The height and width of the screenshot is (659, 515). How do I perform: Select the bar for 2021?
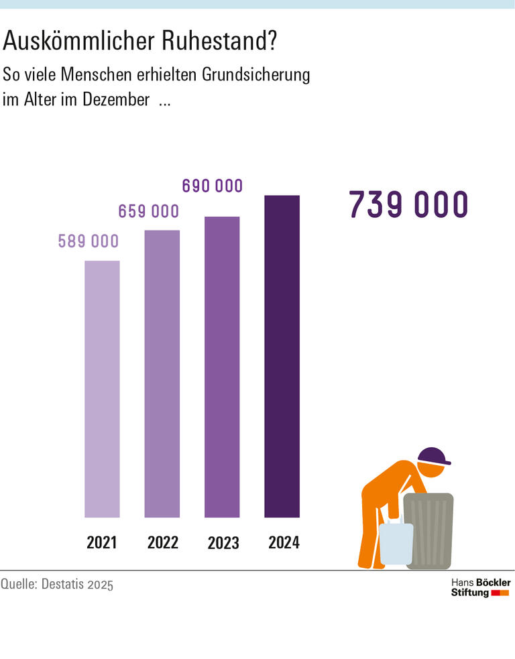point(102,389)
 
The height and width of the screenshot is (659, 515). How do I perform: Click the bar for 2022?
point(162,373)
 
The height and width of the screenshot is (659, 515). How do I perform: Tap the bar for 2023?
point(222,367)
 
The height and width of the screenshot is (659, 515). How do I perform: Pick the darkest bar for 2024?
point(282,356)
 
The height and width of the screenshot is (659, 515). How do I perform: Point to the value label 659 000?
point(148,211)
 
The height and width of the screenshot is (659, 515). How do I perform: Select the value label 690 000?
point(212,186)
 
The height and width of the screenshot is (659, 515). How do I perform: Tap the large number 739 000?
point(408,205)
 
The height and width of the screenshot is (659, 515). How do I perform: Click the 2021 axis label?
point(102,542)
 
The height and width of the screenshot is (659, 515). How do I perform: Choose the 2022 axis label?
point(162,542)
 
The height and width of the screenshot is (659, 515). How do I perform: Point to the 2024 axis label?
point(284,542)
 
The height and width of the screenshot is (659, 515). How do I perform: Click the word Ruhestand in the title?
point(219,42)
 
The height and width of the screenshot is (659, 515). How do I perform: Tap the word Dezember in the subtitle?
point(117,101)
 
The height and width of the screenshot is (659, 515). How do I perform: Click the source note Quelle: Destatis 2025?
point(57,584)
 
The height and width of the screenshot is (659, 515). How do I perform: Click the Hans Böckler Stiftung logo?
point(479,587)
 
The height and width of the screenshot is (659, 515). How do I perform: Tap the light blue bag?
point(396,543)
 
